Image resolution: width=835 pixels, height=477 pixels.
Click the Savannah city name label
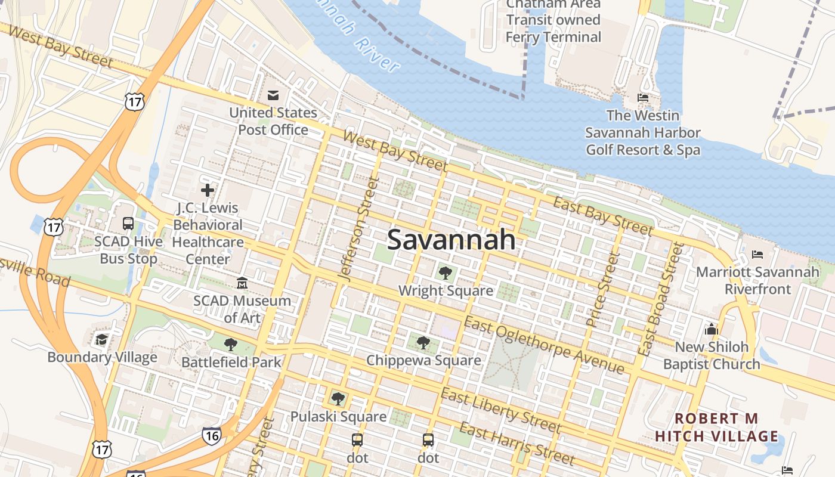click(451, 240)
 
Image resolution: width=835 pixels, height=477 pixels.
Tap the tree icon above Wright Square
click(445, 273)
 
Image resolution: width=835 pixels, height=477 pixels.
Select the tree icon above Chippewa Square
click(423, 342)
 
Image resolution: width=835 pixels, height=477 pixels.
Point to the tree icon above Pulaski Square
click(338, 398)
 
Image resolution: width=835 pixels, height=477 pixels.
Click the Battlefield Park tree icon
click(231, 344)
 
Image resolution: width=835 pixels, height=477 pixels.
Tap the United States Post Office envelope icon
click(273, 95)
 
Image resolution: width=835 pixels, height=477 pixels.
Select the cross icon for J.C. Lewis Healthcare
click(208, 190)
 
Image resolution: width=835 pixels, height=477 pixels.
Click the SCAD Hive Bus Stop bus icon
click(128, 224)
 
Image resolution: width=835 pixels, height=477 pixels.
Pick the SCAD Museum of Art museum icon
click(242, 283)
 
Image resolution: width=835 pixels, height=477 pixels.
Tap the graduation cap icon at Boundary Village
click(101, 339)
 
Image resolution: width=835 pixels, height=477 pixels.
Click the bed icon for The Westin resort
click(643, 97)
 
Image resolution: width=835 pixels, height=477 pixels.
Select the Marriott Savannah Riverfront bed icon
click(757, 255)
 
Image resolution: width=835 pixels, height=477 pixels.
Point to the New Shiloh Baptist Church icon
click(711, 329)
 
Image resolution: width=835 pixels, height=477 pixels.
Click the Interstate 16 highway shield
click(212, 435)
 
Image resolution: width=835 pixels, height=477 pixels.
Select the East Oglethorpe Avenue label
click(544, 345)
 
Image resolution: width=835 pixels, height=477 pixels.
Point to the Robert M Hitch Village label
click(716, 428)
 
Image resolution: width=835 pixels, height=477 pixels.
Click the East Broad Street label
click(660, 299)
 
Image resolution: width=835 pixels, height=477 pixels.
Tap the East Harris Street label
click(517, 444)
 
